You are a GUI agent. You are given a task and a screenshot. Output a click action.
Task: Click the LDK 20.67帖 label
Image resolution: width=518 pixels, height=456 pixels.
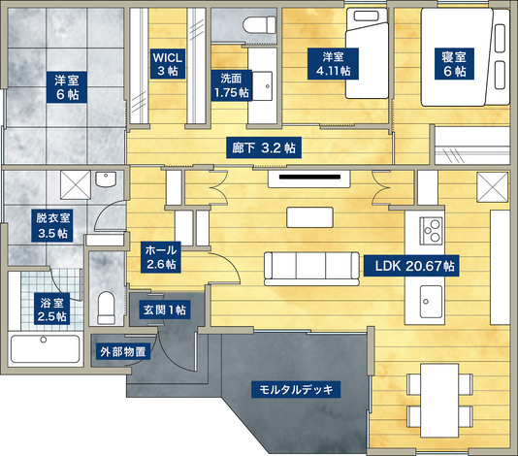pos(411,266)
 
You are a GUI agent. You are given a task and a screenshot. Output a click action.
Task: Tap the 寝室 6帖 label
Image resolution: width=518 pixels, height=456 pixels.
pos(454,64)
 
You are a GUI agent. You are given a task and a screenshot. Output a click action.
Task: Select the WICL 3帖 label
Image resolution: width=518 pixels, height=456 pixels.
pos(168,64)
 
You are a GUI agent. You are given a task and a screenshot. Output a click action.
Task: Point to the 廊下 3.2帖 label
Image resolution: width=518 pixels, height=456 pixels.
pos(264,147)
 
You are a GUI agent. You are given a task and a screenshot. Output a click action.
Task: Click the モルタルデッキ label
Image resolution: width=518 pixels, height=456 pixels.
pos(296,389)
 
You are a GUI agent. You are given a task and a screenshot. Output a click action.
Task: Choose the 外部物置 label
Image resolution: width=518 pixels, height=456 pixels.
pos(123,351)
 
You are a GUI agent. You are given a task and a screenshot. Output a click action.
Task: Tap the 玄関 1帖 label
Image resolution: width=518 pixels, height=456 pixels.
pos(164,309)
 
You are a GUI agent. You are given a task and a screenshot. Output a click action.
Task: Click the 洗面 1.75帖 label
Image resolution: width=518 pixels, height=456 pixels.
pos(231,85)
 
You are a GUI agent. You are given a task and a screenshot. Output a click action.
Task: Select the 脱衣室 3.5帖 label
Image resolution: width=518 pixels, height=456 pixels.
pos(52,226)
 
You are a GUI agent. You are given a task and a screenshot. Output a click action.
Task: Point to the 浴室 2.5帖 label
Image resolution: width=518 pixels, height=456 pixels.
pos(51,309)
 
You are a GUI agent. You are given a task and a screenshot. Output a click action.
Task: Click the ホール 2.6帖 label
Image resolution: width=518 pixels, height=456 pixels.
pos(161,257)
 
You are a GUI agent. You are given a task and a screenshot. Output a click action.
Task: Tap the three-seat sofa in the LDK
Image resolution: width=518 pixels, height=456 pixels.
pos(311,269)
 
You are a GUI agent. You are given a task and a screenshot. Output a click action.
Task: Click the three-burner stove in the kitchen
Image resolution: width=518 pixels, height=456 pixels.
pos(431,231)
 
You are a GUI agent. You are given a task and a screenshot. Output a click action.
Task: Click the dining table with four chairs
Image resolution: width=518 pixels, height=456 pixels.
pos(439,401)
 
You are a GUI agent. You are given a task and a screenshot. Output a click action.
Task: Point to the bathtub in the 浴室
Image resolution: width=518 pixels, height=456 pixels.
pos(45,348)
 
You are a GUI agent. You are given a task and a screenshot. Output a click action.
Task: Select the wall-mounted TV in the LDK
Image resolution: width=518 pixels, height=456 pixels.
pos(309,179)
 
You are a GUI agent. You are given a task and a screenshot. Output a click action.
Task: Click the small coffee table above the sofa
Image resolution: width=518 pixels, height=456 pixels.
pos(309,217)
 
